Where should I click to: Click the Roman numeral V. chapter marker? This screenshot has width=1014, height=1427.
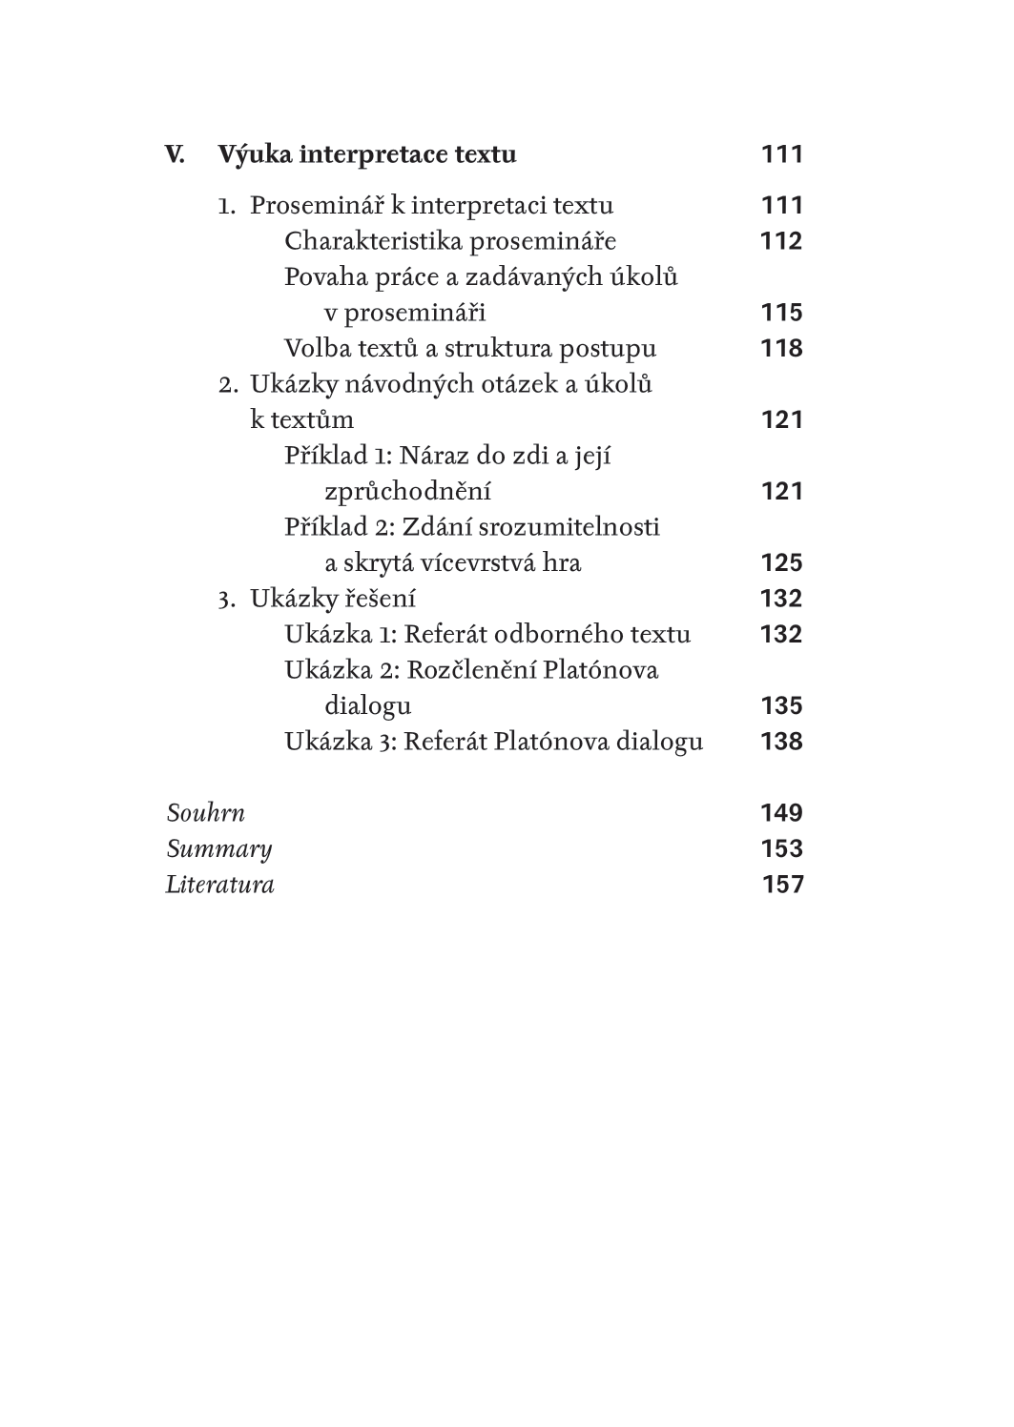coord(175,154)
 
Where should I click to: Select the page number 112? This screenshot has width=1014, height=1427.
coord(781,241)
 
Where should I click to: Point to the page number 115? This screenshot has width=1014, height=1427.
coord(781,313)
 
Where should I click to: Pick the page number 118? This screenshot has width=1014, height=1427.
coord(781,349)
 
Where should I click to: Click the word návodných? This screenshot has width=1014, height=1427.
coord(383,385)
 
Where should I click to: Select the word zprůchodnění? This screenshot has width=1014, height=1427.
coord(407,492)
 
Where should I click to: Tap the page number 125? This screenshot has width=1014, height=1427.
coord(781,563)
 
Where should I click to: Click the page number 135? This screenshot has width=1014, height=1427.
coord(781,706)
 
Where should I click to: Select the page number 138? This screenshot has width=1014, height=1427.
coord(781,742)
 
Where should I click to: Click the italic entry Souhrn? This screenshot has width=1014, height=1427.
coord(205,814)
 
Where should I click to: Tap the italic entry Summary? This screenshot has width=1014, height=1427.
coord(218,849)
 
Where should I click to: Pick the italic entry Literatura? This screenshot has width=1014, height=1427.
coord(219,886)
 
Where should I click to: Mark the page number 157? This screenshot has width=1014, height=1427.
coord(782,886)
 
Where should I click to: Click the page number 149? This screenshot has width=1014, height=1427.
coord(781,814)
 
